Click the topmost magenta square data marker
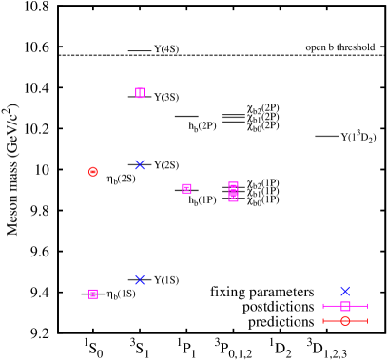click(140, 93)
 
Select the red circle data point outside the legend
click(93, 172)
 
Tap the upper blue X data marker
click(140, 164)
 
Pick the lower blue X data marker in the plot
click(140, 279)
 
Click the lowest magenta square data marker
click(93, 294)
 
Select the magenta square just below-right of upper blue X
click(186, 188)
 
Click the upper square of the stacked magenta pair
click(233, 187)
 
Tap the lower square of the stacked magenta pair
click(233, 197)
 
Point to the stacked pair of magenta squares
click(233, 192)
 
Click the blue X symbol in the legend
click(345, 291)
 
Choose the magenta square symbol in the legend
click(345, 306)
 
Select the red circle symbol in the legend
click(345, 321)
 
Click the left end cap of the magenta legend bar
click(323, 306)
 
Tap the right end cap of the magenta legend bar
click(367, 306)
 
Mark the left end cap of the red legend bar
click(323, 321)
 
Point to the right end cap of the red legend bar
click(367, 321)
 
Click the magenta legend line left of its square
click(332, 306)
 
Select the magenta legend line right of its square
click(358, 306)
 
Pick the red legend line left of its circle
click(332, 321)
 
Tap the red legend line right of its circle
click(358, 321)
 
